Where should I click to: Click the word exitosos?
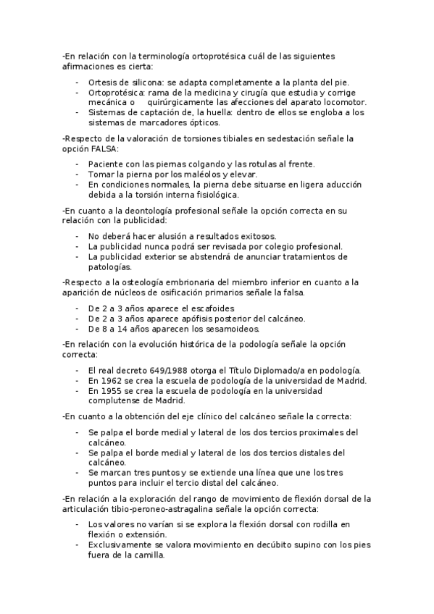click(x=255, y=237)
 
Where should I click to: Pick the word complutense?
click(x=114, y=400)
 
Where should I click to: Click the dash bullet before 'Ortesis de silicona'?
click(x=78, y=83)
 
